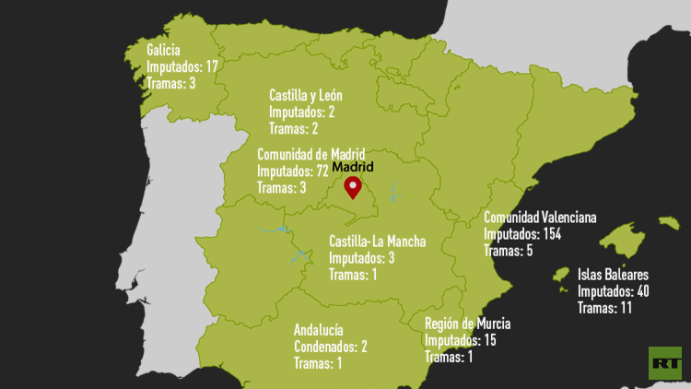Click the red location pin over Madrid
click(352, 188)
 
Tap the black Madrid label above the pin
click(353, 168)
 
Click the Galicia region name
click(163, 50)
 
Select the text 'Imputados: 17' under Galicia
click(182, 66)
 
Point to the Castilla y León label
click(306, 95)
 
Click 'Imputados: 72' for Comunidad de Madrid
click(293, 171)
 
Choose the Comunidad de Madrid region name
click(310, 154)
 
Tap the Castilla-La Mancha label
click(378, 242)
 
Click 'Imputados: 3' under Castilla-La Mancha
click(362, 257)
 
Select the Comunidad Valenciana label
click(540, 218)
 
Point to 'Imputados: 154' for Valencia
click(522, 234)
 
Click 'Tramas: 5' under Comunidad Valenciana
click(509, 251)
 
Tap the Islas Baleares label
click(613, 275)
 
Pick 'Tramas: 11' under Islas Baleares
click(604, 308)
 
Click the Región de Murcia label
click(467, 324)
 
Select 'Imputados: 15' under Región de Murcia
click(461, 340)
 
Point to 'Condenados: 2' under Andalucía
click(331, 346)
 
